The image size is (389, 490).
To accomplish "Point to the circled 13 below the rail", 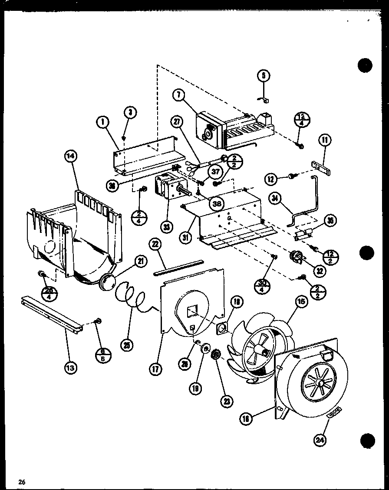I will pos(70,368).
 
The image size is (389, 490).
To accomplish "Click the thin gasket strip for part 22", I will pos(178,268).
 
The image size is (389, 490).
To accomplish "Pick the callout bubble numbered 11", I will pos(326,140).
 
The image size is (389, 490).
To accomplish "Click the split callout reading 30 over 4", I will pos(263,287).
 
